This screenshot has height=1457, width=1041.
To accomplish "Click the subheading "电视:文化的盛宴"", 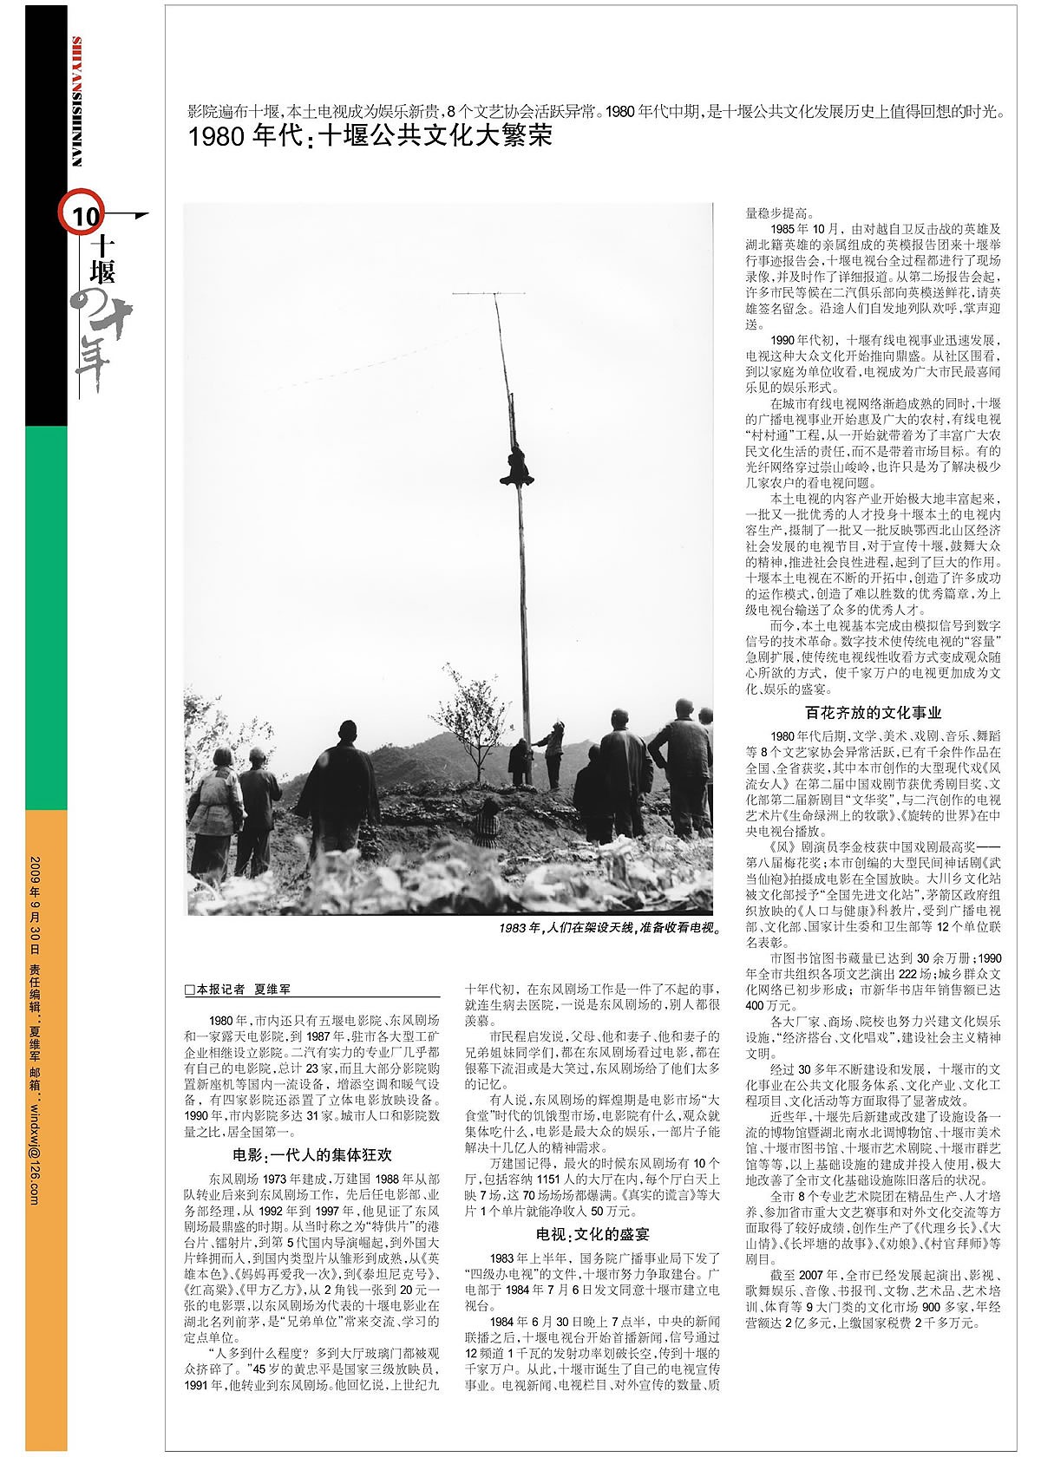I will tap(593, 1233).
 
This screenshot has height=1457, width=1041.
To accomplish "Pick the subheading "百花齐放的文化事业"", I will tap(873, 712).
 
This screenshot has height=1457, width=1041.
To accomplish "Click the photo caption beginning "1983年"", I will tap(610, 928).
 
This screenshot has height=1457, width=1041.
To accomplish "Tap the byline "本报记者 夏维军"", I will tap(238, 989).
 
